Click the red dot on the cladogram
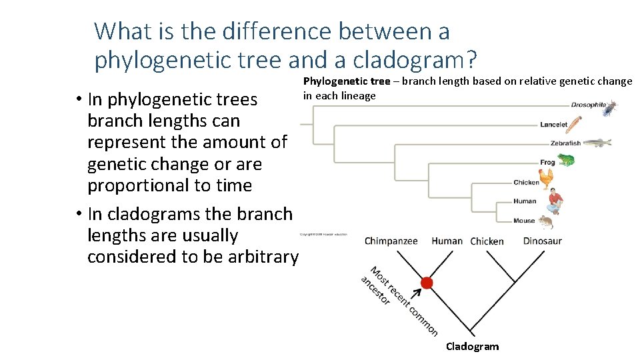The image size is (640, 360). pos(427,283)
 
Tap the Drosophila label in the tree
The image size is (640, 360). pos(588,105)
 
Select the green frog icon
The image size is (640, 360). pos(566,159)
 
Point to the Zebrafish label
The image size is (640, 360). pos(565,143)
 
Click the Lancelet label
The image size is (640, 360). pos(553,124)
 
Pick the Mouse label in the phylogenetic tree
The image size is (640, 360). pos(524,221)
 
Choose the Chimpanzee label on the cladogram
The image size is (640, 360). pos(391,241)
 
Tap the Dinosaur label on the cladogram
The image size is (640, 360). pos(542,241)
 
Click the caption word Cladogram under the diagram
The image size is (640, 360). pos(472,346)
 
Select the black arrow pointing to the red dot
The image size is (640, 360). pos(417,293)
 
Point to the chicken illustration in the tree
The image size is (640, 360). pos(547,179)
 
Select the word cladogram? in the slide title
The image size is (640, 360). pos(415,60)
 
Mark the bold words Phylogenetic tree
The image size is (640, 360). pos(347,81)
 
